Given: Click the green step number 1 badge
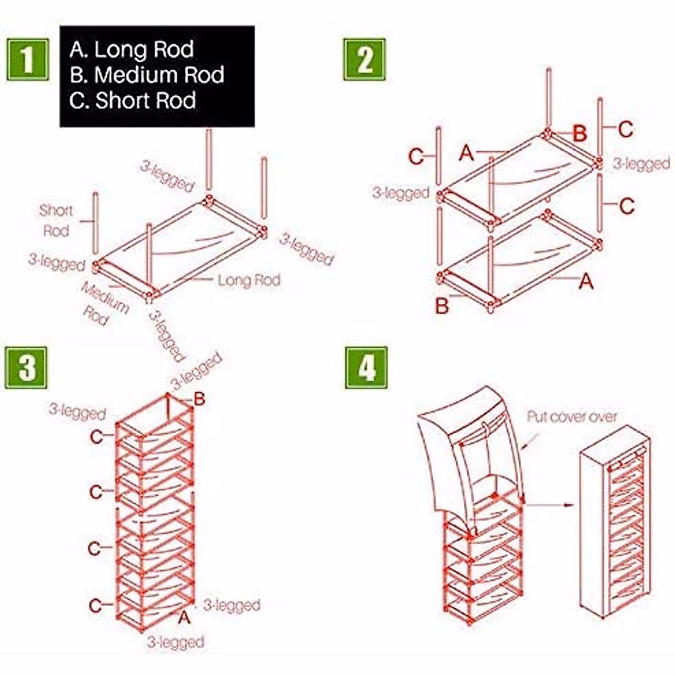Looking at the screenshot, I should [27, 59].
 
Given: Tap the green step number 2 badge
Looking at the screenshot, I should [364, 59].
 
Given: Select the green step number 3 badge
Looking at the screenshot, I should [26, 368].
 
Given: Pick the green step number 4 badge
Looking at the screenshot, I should [366, 368].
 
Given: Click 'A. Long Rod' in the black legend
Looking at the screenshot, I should [132, 49].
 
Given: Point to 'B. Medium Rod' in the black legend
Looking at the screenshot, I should [147, 75].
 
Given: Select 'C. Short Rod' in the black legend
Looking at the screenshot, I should [133, 101].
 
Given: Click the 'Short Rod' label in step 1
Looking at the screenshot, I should [56, 220].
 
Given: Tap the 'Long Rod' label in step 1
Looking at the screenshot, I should [249, 280].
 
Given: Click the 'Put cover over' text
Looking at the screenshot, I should [571, 417].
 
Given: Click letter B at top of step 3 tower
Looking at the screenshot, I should [199, 399].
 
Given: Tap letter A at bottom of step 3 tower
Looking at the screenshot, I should [184, 618].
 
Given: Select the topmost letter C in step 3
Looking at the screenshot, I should [97, 436].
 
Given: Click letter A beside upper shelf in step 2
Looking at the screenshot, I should [466, 152].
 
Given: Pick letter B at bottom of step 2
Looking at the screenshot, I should [443, 307].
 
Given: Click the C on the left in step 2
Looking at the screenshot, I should [416, 156].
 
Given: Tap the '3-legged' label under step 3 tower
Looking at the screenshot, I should [175, 642].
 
